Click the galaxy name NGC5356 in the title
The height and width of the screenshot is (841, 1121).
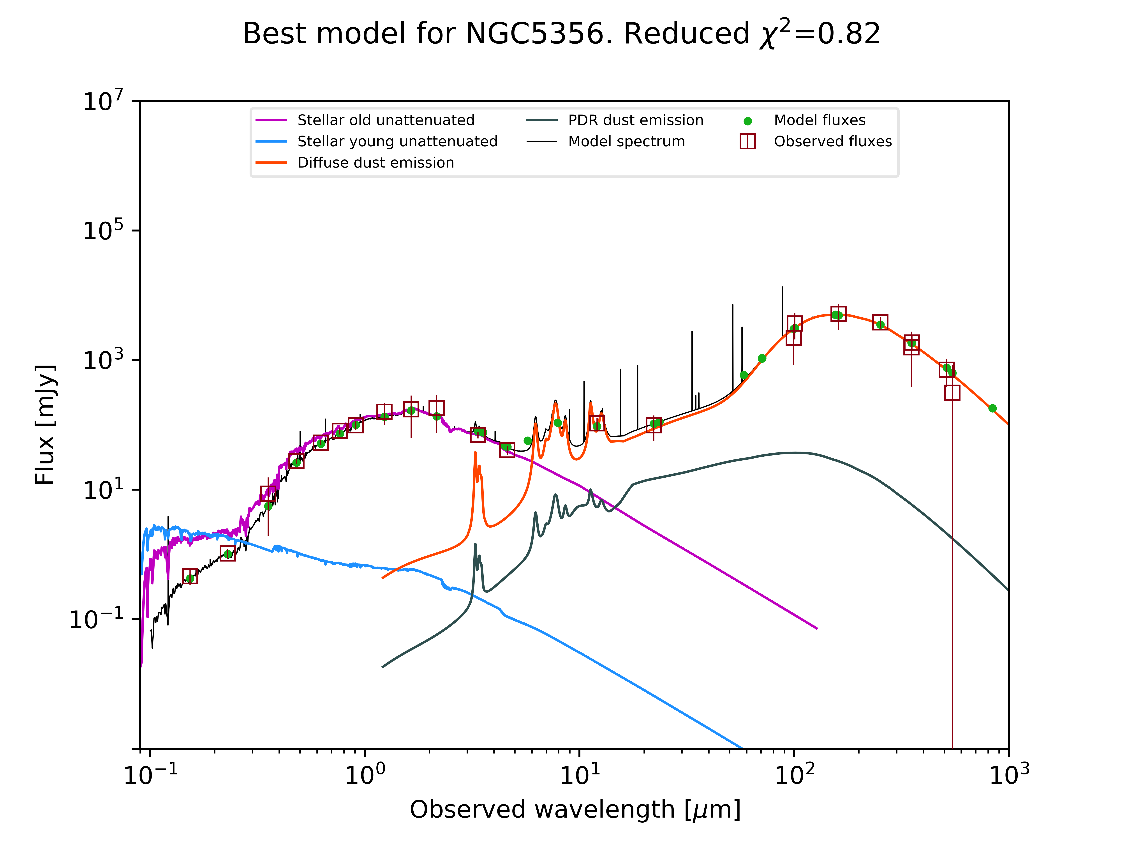(535, 34)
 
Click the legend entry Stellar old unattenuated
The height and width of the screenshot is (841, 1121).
(386, 120)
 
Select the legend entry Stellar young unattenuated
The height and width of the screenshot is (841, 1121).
(397, 141)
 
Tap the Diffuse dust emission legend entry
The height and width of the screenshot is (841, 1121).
(375, 163)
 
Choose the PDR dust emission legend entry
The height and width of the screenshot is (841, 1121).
(636, 120)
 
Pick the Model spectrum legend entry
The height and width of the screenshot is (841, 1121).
(626, 141)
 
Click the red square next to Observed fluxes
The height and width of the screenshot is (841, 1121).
(747, 141)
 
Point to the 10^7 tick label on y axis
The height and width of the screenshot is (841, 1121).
(103, 101)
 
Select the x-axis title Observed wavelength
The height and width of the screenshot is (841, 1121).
(575, 809)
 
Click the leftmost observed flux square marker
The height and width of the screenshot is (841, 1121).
(190, 576)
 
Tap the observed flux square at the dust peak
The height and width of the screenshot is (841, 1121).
(838, 314)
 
